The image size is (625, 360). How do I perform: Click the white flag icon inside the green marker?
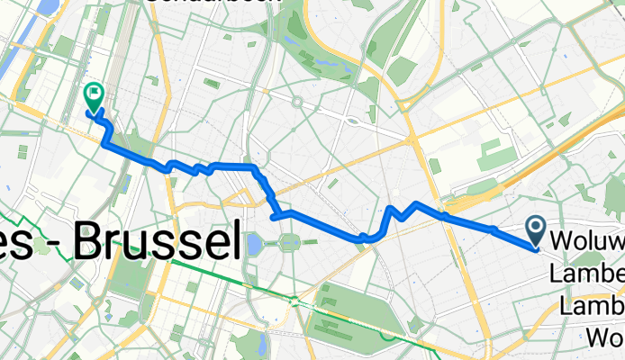(92, 93)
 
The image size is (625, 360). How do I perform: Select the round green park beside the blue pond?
(289, 241)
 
